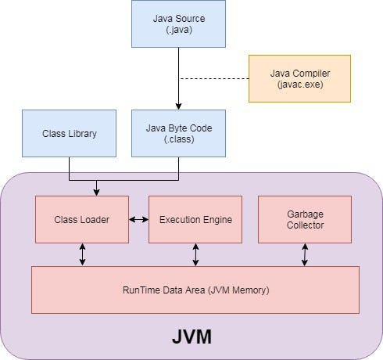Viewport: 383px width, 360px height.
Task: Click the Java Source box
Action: click(x=179, y=23)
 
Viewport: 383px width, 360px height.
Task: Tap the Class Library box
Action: click(x=70, y=133)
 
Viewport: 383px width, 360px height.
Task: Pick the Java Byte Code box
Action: click(x=179, y=133)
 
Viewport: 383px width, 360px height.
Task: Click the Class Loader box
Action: click(x=82, y=219)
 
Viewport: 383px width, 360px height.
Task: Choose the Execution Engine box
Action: click(x=195, y=219)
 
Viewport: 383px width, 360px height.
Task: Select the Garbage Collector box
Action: click(x=305, y=219)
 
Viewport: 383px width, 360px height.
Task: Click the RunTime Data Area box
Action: click(x=195, y=290)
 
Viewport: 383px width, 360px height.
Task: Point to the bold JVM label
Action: click(x=192, y=338)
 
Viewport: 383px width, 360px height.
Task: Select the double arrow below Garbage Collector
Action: click(x=305, y=254)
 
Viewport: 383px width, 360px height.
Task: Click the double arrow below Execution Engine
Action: click(x=195, y=254)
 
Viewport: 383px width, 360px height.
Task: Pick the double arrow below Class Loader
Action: click(x=82, y=254)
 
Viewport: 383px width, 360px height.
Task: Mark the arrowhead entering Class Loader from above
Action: click(x=97, y=192)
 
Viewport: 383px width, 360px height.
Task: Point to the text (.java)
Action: click(x=179, y=30)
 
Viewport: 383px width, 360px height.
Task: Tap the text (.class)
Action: click(x=179, y=139)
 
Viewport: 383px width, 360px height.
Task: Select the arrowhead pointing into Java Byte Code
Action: click(x=179, y=106)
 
